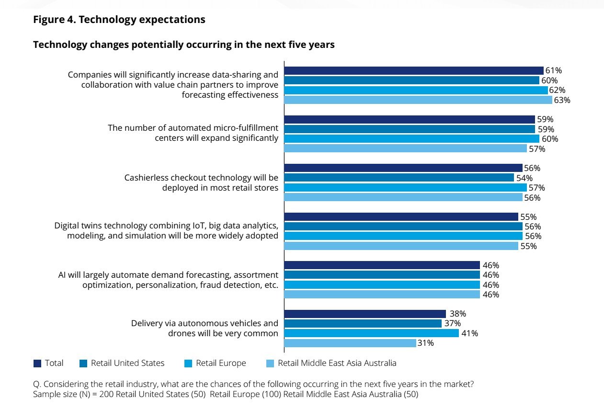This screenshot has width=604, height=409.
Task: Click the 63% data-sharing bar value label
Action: click(562, 100)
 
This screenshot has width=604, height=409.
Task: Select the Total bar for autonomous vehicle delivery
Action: click(365, 314)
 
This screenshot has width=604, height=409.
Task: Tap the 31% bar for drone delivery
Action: click(350, 343)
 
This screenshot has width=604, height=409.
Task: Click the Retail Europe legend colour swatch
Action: click(188, 364)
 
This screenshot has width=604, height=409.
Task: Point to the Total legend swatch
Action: click(37, 364)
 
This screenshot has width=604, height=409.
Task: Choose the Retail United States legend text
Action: click(127, 363)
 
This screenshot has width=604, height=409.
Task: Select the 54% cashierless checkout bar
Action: click(399, 178)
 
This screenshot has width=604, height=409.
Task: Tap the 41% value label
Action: click(469, 333)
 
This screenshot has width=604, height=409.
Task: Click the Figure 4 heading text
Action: click(119, 20)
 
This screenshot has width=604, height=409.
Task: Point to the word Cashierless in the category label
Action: click(146, 178)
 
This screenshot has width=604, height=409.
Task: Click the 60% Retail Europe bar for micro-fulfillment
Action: click(412, 139)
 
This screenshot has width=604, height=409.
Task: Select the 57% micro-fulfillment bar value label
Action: click(537, 149)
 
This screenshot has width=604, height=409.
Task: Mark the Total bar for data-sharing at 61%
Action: click(414, 71)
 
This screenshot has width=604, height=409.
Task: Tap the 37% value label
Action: click(452, 324)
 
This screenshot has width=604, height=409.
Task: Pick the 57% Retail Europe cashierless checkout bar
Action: click(405, 188)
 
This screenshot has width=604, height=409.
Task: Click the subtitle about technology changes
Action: click(183, 45)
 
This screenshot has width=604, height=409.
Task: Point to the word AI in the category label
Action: click(61, 275)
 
